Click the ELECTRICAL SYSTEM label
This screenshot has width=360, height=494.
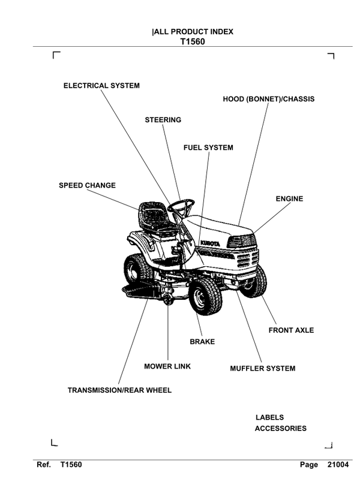coord(101,86)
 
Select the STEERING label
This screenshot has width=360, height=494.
coord(163,120)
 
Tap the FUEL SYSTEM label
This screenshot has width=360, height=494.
coord(208,147)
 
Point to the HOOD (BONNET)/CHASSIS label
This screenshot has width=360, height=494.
coord(268,99)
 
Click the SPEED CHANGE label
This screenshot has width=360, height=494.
coord(87,185)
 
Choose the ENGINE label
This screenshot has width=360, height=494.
coord(289,199)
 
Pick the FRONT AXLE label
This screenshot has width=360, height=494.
coord(291,330)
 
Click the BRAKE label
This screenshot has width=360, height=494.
coord(202,342)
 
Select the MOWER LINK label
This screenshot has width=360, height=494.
coord(167,366)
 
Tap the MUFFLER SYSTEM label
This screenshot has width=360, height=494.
coord(263,369)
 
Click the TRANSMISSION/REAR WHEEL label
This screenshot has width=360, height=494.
coord(119,390)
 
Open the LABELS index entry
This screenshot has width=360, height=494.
coord(269,417)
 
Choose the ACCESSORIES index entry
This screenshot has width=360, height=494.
coord(280,429)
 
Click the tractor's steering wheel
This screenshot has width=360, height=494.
coord(181,206)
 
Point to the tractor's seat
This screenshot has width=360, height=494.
coord(154,218)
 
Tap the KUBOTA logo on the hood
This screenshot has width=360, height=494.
coord(209,242)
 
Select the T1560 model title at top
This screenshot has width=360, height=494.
coord(193,43)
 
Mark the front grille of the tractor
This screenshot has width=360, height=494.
coord(247,259)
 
